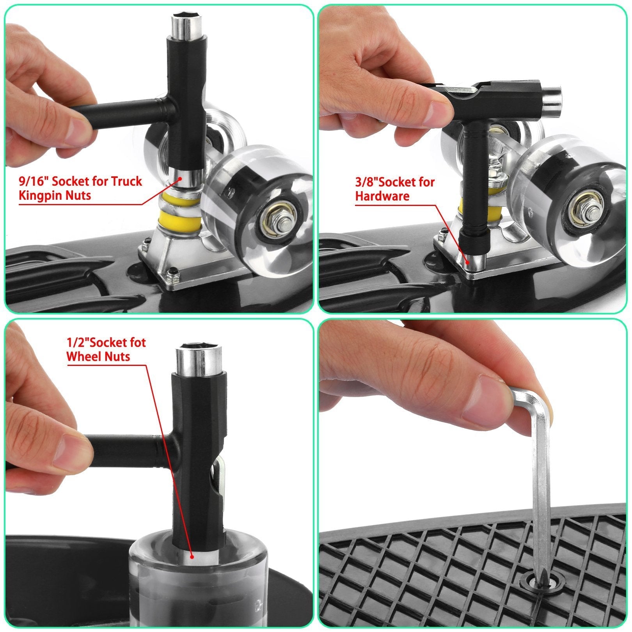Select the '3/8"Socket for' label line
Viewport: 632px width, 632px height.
click(x=395, y=182)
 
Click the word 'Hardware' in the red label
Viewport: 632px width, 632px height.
click(x=382, y=196)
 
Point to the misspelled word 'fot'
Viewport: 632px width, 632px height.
click(x=136, y=343)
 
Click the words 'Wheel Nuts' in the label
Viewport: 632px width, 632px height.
click(x=98, y=356)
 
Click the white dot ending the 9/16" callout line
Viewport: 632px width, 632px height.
click(x=180, y=178)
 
